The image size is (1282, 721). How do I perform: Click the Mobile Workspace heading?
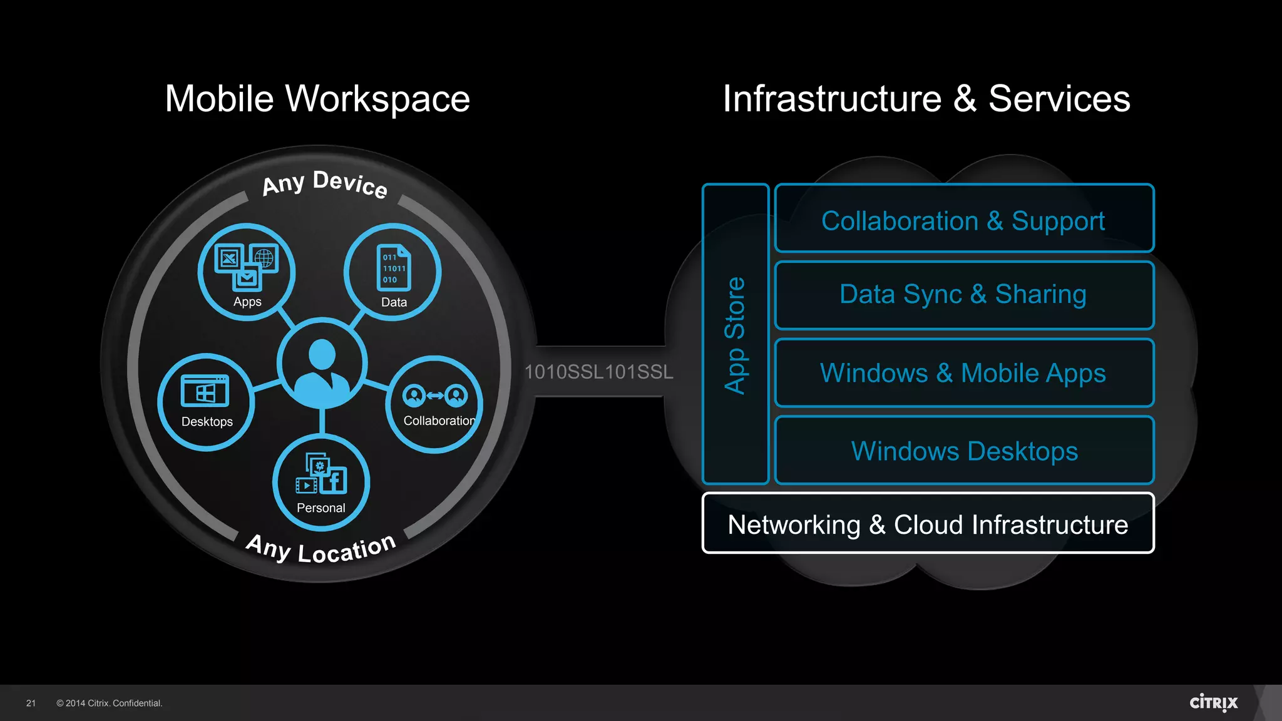[x=317, y=99]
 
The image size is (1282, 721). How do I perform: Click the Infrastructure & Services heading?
[x=926, y=99]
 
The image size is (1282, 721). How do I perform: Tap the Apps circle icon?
[x=247, y=272]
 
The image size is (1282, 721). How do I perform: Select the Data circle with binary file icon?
[x=392, y=272]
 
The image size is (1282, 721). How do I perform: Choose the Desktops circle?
[x=206, y=402]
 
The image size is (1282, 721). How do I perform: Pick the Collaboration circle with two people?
[x=436, y=404]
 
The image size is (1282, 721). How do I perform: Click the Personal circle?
[x=321, y=483]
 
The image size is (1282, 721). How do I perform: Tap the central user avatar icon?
[x=322, y=364]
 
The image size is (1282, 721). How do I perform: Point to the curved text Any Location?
[x=320, y=549]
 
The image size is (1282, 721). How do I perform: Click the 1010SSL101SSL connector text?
[x=598, y=372]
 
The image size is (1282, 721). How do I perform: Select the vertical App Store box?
[x=736, y=334]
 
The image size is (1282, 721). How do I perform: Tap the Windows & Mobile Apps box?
[x=964, y=373]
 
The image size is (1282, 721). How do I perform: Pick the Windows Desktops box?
[x=964, y=451]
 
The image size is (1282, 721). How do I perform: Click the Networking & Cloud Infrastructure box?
[x=928, y=524]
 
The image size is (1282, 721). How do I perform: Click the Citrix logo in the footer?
[x=1213, y=703]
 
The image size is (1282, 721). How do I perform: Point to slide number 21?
[x=31, y=703]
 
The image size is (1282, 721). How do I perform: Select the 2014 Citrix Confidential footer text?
[x=110, y=703]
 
